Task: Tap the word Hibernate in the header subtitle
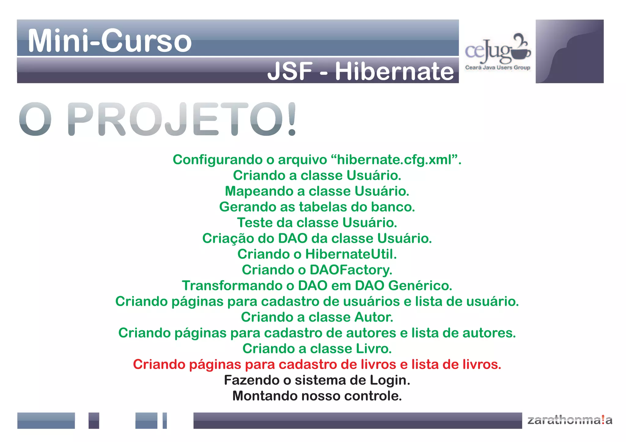click(x=394, y=71)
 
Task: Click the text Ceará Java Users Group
click(x=497, y=68)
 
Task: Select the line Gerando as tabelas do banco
click(x=317, y=207)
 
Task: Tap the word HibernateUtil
click(x=351, y=254)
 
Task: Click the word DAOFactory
click(x=351, y=270)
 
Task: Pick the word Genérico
click(x=420, y=286)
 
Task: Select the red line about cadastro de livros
click(x=317, y=364)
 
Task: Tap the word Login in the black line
click(x=390, y=380)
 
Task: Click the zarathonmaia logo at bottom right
click(x=570, y=420)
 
